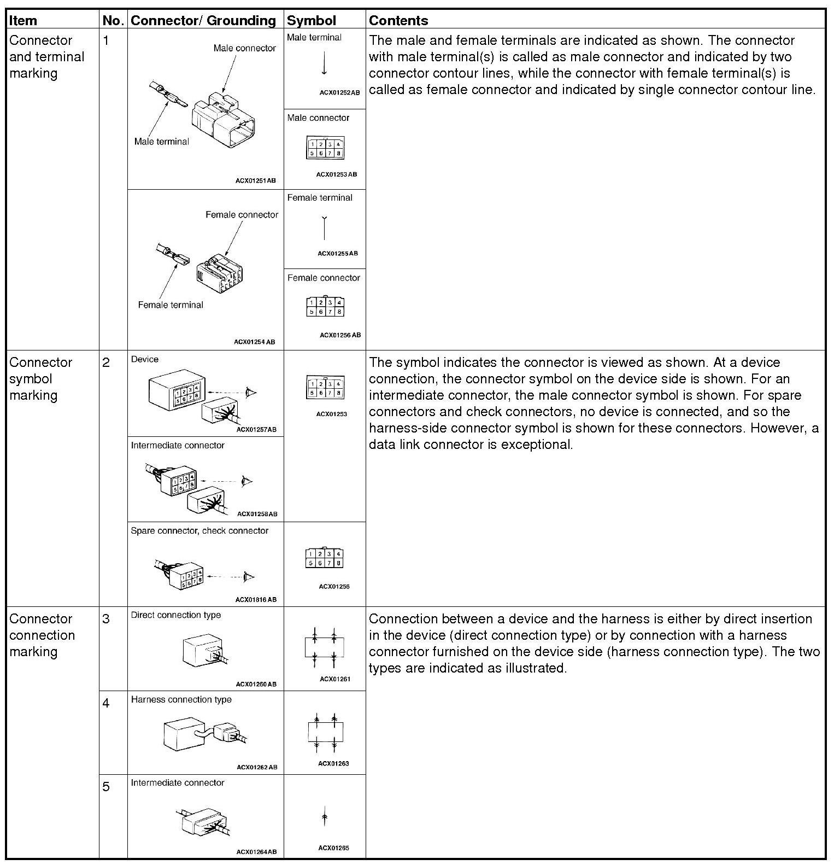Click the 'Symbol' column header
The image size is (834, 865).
pyautogui.click(x=311, y=21)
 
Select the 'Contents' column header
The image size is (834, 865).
pyautogui.click(x=398, y=21)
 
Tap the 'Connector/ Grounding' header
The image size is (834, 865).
pyautogui.click(x=203, y=21)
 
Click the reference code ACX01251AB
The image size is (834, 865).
pyautogui.click(x=255, y=180)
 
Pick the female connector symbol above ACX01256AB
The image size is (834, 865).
pyautogui.click(x=325, y=307)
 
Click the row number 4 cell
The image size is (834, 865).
pyautogui.click(x=106, y=703)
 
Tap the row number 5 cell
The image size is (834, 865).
pyautogui.click(x=106, y=787)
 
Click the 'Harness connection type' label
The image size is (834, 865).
pyautogui.click(x=181, y=700)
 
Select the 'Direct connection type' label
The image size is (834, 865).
pyautogui.click(x=175, y=615)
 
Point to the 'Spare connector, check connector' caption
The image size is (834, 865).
pyautogui.click(x=199, y=531)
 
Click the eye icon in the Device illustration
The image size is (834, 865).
pyautogui.click(x=251, y=392)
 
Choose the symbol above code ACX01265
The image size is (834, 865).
pyautogui.click(x=325, y=816)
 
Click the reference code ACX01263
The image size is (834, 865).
pyautogui.click(x=333, y=763)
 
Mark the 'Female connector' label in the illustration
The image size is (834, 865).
pyautogui.click(x=242, y=215)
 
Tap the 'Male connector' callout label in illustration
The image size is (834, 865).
pyautogui.click(x=244, y=48)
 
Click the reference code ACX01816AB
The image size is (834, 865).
pyautogui.click(x=256, y=599)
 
